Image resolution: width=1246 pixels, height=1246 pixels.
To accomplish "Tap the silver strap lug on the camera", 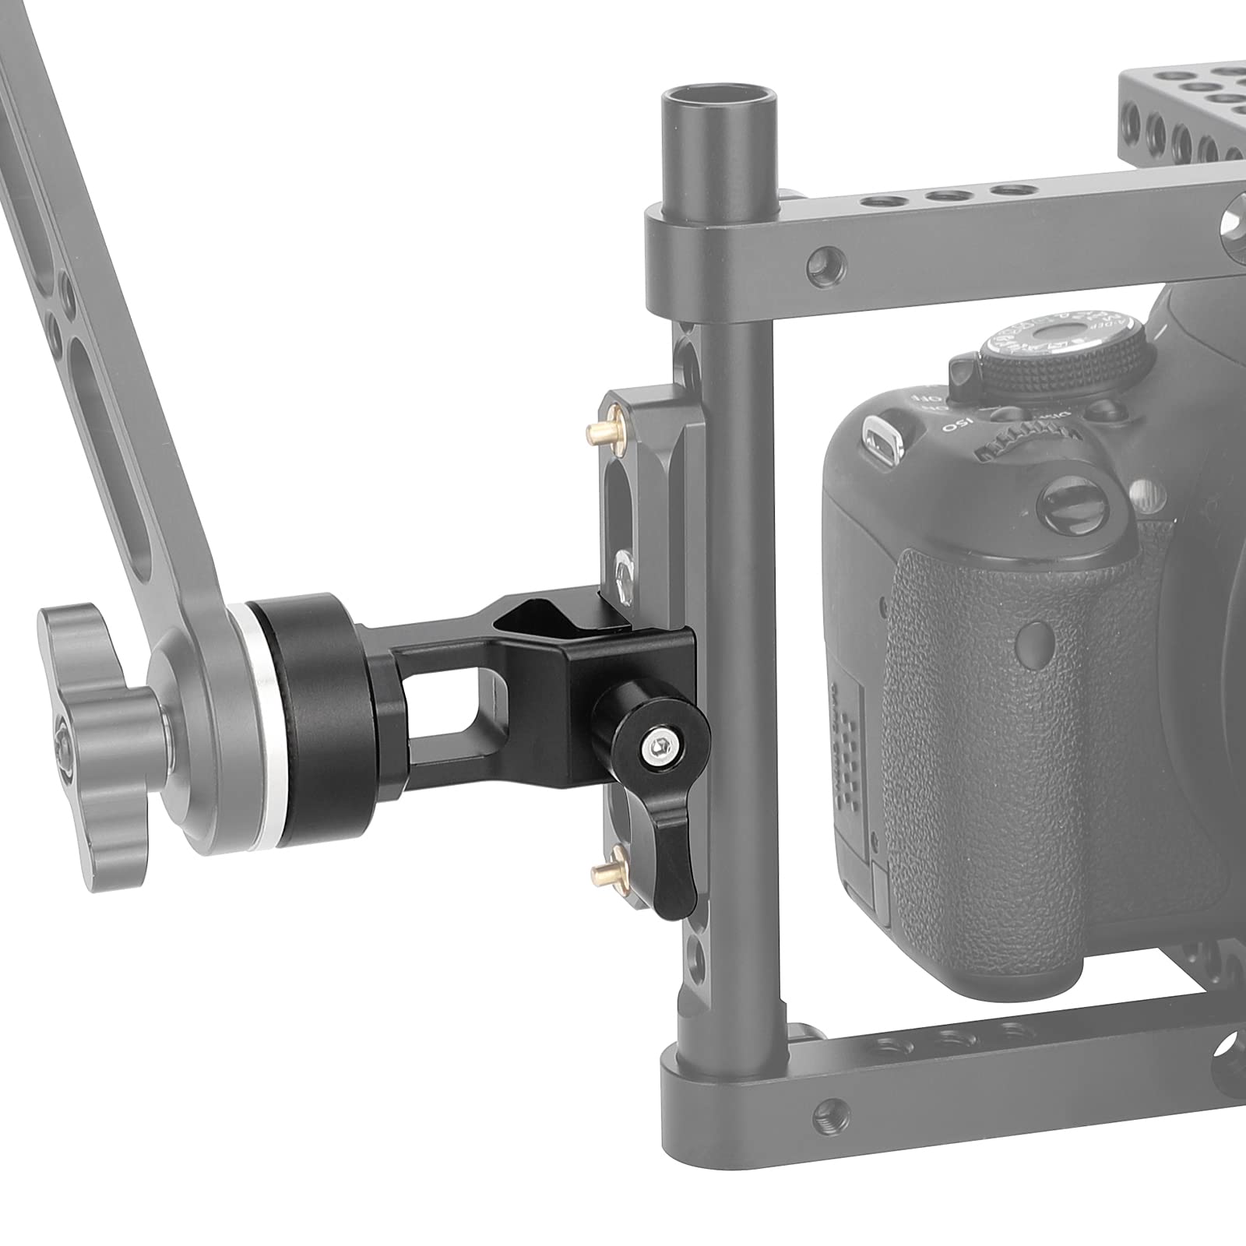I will tap(879, 433).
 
